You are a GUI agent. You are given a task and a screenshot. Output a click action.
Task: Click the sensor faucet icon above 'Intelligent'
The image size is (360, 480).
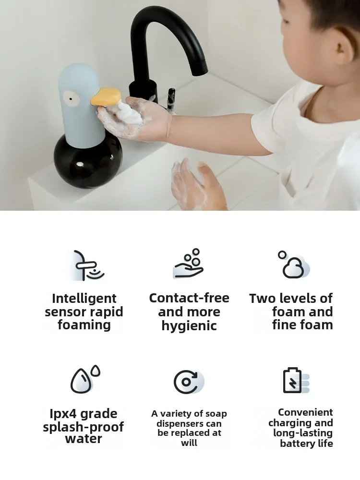pos(87,265)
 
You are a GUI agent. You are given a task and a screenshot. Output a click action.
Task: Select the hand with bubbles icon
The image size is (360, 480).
pos(189,264)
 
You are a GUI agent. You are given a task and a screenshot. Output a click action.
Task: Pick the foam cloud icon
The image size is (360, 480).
pos(293,265)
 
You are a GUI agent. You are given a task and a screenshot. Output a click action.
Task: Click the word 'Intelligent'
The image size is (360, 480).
pos(84,299)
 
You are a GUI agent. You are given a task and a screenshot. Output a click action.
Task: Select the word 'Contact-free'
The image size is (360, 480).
pos(189,298)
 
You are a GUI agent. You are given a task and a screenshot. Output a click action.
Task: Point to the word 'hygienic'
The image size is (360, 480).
pos(189,326)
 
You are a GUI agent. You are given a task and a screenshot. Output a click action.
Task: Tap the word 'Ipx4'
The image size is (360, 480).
pos(64,414)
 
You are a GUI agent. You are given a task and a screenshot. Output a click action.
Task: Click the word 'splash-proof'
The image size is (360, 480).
pos(84,427)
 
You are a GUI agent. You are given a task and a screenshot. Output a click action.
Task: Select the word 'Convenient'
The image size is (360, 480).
pos(305,412)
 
